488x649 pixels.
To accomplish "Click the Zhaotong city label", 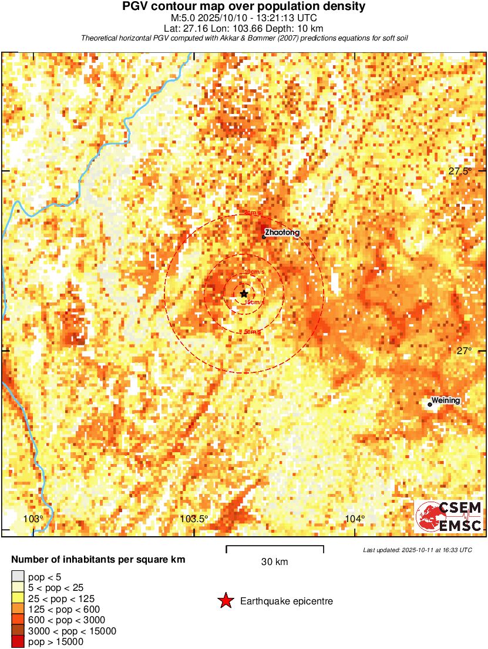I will tap(282, 233).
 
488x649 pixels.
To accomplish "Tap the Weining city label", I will tap(446, 401).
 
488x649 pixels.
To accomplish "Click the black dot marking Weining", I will tap(430, 404).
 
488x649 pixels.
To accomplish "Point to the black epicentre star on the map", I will tap(244, 294).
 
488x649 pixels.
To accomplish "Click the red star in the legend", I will tap(225, 601).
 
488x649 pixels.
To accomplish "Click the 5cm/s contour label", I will tap(252, 332).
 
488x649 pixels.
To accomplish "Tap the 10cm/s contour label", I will tap(254, 272).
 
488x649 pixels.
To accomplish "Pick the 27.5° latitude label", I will tap(460, 172).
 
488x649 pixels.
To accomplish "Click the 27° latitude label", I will tap(464, 351).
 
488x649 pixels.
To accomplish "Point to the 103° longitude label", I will tap(33, 519).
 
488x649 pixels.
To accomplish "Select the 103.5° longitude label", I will tap(194, 519).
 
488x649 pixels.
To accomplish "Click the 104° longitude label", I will tap(355, 519).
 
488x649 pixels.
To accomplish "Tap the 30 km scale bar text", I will tap(274, 562).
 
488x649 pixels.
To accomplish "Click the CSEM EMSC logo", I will tap(449, 516).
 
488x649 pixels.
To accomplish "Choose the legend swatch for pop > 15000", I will tap(18, 642).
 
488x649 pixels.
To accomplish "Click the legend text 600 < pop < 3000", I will tap(67, 620).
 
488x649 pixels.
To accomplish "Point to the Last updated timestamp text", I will tap(417, 550).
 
